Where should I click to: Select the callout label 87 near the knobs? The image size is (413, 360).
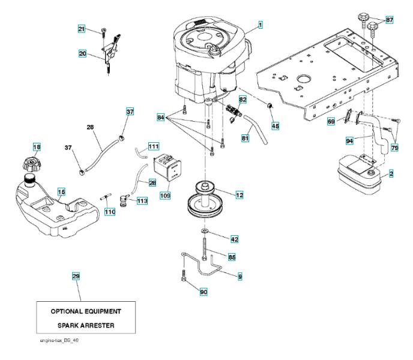click(390, 20)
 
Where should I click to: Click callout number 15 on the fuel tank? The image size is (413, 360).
click(61, 191)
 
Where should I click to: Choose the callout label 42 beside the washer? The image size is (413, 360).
click(234, 239)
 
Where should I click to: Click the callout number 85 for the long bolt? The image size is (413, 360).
click(232, 257)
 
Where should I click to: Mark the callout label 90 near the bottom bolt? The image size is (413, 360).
click(203, 292)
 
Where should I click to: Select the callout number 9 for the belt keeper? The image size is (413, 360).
click(240, 277)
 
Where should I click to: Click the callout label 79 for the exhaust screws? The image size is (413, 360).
click(395, 147)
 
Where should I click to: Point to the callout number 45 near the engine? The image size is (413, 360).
click(276, 126)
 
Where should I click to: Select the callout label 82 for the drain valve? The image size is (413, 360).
click(243, 98)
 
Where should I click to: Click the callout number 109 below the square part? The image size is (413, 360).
click(165, 195)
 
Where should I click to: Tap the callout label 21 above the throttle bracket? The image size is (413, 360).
click(82, 29)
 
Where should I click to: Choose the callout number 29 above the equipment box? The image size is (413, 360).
click(76, 276)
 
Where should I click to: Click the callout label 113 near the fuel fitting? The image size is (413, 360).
click(142, 201)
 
